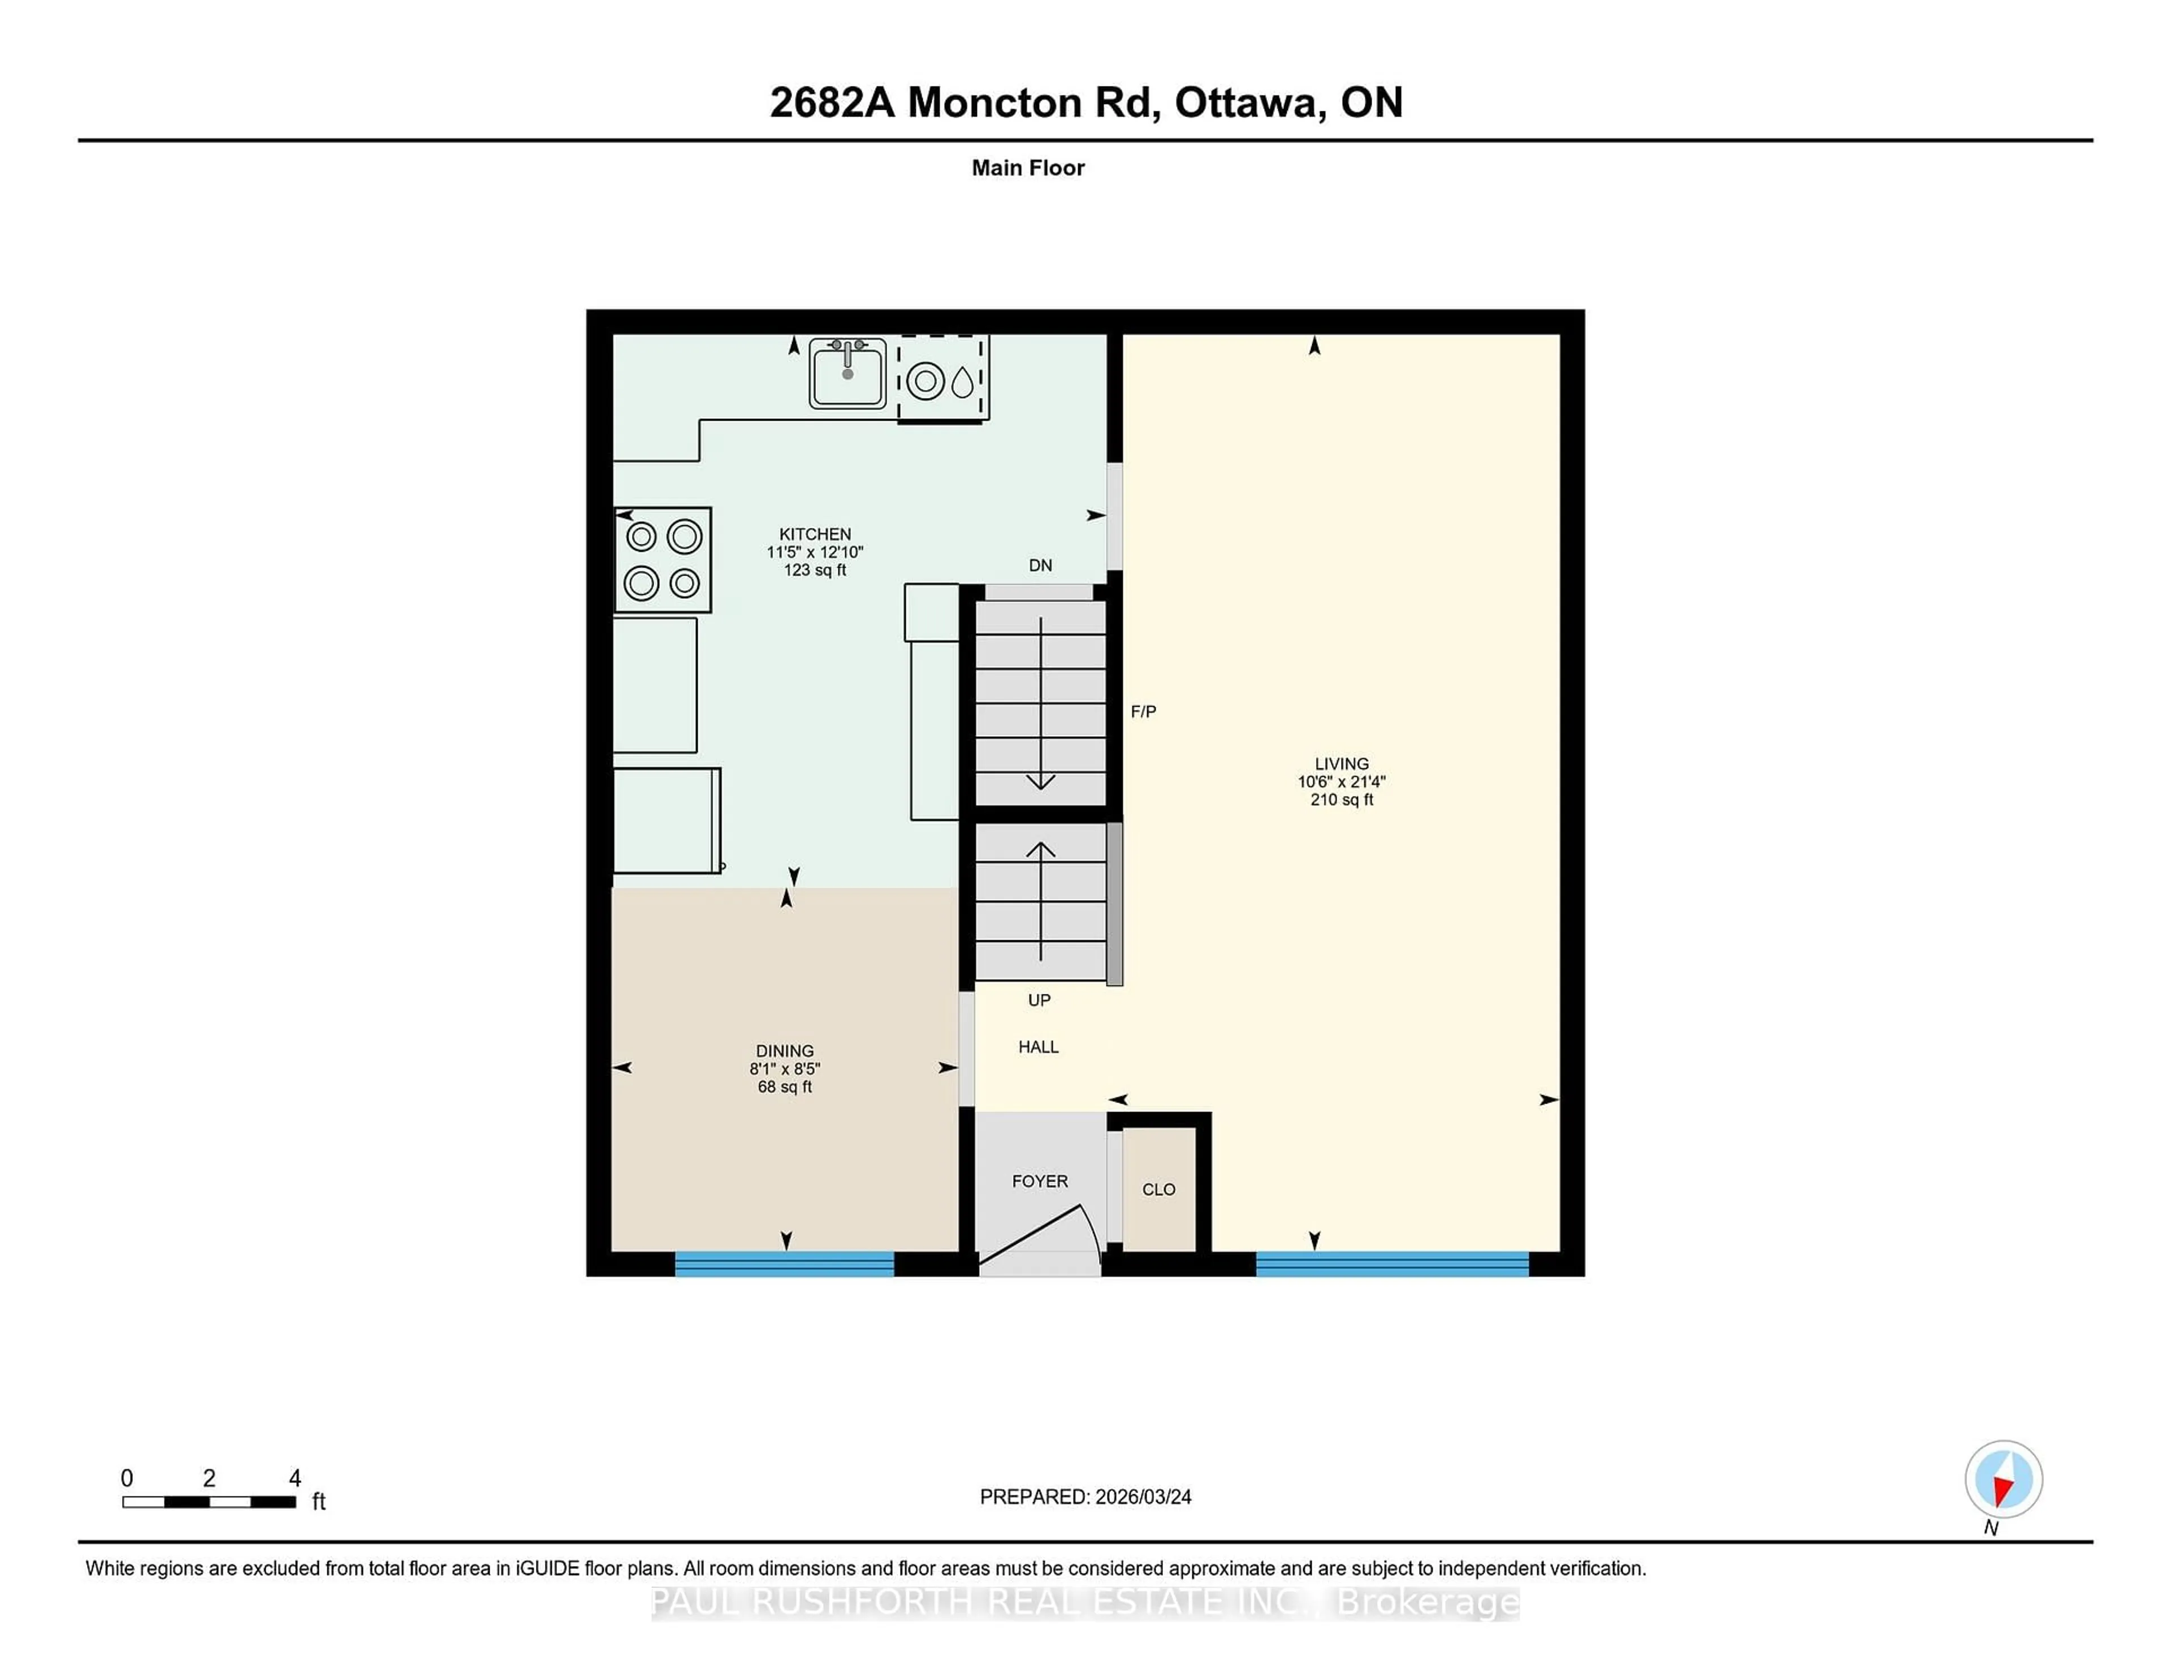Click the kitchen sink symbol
(847, 374)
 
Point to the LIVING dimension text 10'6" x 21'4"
(1341, 781)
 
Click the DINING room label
(784, 1051)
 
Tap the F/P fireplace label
(1143, 712)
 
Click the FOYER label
(1040, 1181)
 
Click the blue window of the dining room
(784, 1264)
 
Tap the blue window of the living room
(1392, 1264)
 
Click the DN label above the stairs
(1040, 565)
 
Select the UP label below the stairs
(1039, 1000)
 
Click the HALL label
(1038, 1046)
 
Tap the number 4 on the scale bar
(294, 1478)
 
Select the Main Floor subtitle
(1028, 168)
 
